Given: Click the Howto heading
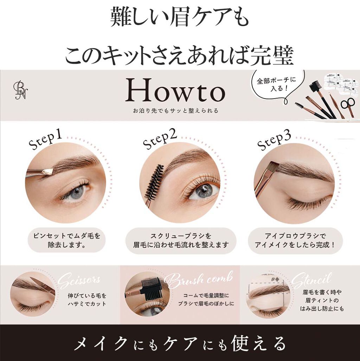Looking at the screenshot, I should pyautogui.click(x=175, y=91).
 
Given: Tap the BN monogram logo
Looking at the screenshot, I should pyautogui.click(x=20, y=90).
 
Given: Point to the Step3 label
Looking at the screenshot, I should pyautogui.click(x=274, y=140).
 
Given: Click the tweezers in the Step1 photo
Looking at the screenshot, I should pyautogui.click(x=39, y=172).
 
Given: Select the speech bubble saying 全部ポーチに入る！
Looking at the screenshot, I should pyautogui.click(x=277, y=84).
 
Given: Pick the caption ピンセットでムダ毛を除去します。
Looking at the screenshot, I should pyautogui.click(x=66, y=240).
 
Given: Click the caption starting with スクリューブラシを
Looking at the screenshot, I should pyautogui.click(x=181, y=240).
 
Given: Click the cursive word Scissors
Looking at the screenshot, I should pyautogui.click(x=79, y=281).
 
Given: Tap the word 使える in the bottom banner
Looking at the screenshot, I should pyautogui.click(x=259, y=343).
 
